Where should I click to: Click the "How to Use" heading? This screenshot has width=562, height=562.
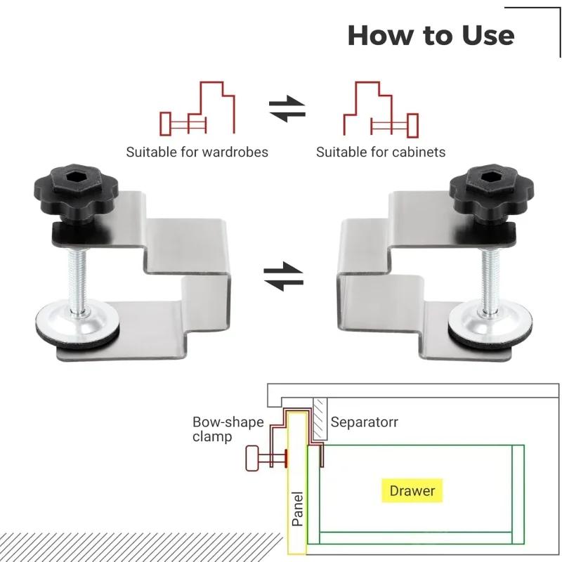(431, 35)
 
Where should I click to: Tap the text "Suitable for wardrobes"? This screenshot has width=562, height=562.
(197, 152)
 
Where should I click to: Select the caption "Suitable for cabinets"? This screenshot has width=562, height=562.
(381, 152)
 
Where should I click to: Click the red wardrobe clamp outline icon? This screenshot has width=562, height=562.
(199, 110)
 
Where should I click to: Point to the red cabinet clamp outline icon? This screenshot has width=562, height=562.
(380, 110)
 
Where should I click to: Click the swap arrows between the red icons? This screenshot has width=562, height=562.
(287, 110)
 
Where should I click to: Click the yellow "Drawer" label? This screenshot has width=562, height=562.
(412, 491)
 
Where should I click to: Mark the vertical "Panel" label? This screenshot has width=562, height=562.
(298, 509)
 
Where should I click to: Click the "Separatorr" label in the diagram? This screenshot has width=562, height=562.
(364, 423)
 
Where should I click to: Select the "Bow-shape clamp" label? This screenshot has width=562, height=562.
(218, 430)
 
